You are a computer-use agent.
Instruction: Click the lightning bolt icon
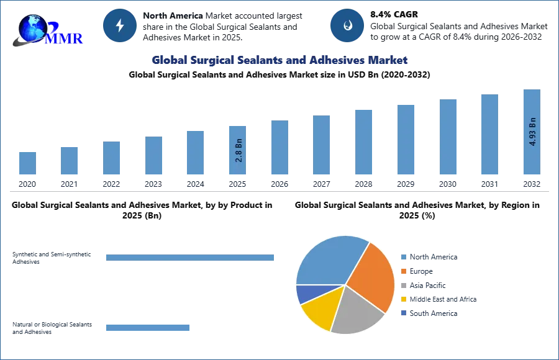click(x=120, y=25)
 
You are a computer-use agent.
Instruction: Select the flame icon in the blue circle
click(x=347, y=25)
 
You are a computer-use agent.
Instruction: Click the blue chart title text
click(x=279, y=60)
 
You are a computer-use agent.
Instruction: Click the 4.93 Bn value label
click(x=532, y=132)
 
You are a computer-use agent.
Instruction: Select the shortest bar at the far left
click(x=27, y=163)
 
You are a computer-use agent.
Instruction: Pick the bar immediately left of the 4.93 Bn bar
click(x=489, y=136)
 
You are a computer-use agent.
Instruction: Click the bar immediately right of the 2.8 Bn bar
click(x=278, y=148)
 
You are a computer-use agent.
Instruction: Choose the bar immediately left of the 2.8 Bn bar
click(x=194, y=153)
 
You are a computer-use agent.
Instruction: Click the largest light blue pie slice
click(x=326, y=261)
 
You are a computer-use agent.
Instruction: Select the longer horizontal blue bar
click(x=191, y=258)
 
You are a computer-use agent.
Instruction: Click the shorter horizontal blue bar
click(x=148, y=327)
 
